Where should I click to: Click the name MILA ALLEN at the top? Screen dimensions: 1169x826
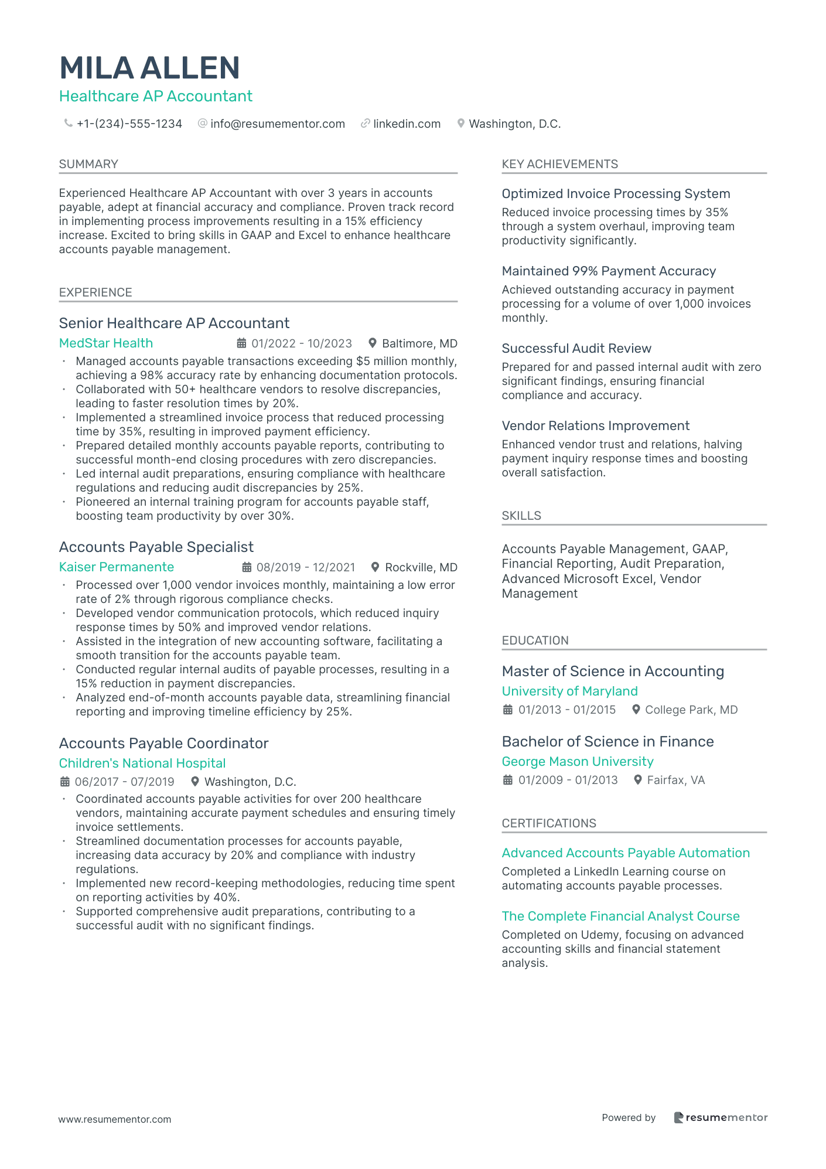click(x=149, y=68)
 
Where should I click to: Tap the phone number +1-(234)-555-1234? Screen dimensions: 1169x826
click(x=129, y=124)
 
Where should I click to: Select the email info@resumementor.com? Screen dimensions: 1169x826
click(x=277, y=124)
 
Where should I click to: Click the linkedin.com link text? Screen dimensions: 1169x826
click(x=407, y=124)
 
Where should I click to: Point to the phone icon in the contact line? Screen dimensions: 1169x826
click(x=69, y=124)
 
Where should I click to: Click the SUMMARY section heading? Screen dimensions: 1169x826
click(x=88, y=164)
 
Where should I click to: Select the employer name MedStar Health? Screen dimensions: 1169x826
click(x=106, y=343)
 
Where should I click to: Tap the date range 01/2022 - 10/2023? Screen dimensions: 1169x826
click(x=302, y=344)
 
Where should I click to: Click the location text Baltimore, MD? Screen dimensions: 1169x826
click(x=419, y=344)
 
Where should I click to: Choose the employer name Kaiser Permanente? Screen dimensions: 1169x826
click(x=117, y=567)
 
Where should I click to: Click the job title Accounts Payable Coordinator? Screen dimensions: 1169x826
click(x=163, y=744)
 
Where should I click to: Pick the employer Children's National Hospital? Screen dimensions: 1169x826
click(x=142, y=764)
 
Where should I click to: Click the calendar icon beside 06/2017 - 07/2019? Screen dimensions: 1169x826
click(x=65, y=782)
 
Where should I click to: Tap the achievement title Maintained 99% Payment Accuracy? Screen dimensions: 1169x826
click(x=609, y=271)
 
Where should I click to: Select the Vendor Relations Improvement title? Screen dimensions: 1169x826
click(x=595, y=426)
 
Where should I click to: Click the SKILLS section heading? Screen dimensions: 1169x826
click(x=521, y=516)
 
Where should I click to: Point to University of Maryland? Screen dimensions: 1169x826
click(x=569, y=691)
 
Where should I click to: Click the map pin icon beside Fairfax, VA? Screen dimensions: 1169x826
click(x=638, y=780)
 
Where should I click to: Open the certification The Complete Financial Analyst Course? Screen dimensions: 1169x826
click(x=620, y=916)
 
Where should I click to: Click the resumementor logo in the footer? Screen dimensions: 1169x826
click(x=721, y=1117)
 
